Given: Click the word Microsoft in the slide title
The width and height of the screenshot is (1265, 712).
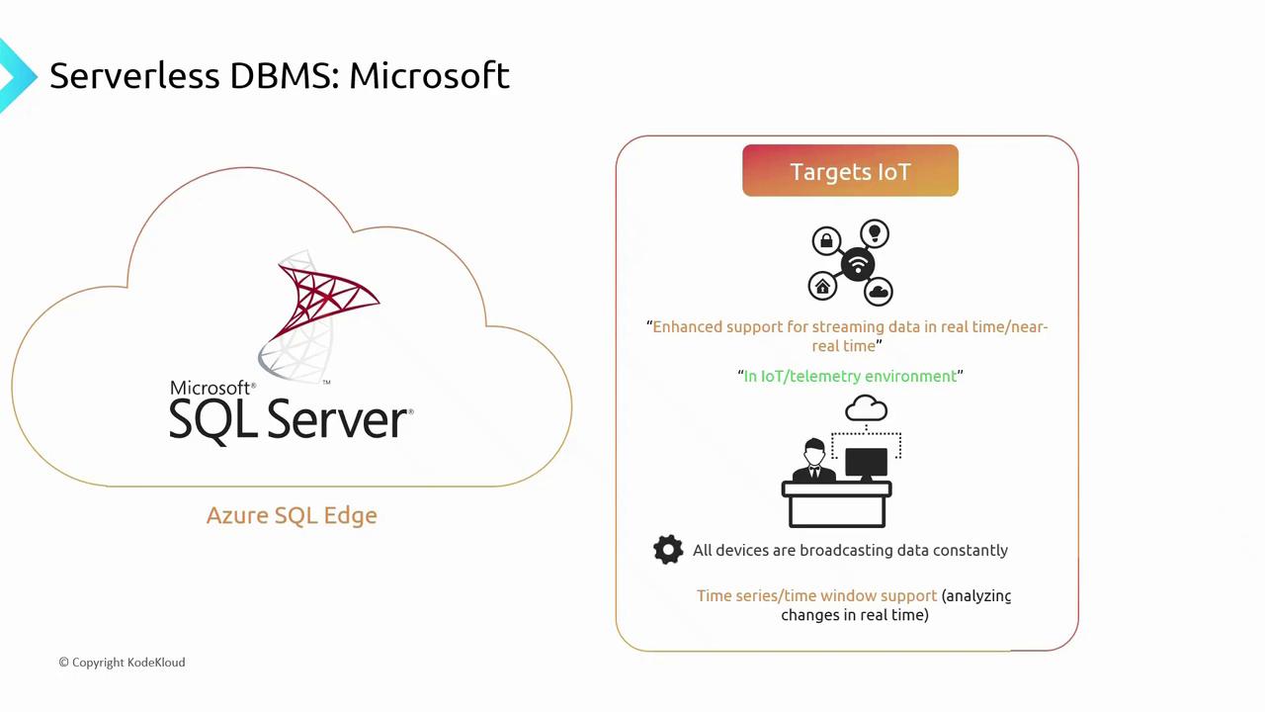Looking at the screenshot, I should [x=429, y=75].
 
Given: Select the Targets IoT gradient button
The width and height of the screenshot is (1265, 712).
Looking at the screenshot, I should [x=850, y=171].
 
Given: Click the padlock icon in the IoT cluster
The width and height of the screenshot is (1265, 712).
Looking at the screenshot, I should [x=826, y=240].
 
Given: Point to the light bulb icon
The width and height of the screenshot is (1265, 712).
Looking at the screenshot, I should [x=874, y=234].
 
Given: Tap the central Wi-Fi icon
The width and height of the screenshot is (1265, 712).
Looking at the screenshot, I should [x=857, y=264].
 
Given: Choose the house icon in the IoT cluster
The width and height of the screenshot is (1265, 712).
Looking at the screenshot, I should [x=822, y=287].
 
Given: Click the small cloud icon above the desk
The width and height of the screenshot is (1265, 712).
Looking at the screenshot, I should [x=867, y=407].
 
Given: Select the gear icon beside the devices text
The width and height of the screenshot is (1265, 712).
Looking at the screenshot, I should [x=668, y=550].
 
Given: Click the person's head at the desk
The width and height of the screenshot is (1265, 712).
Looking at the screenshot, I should [x=814, y=452].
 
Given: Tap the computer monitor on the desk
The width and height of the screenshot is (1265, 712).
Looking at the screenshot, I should [x=866, y=463].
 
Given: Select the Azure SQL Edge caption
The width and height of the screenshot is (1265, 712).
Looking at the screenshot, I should [x=292, y=515].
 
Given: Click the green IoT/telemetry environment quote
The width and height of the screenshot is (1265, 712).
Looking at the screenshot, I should [x=850, y=376].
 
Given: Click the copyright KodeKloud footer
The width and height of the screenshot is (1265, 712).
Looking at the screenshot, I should [x=122, y=662].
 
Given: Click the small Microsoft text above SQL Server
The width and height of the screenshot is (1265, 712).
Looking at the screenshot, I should [x=211, y=388].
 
